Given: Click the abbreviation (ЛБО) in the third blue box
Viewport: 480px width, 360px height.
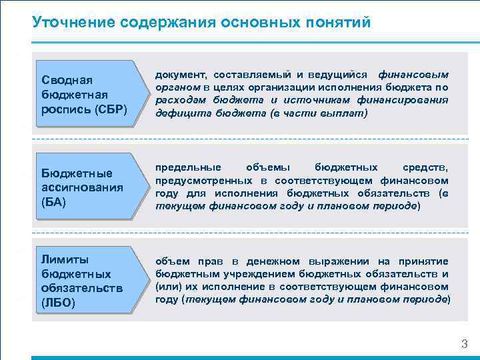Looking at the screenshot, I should (x=58, y=303).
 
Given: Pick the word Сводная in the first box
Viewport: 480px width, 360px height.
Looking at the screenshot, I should (x=62, y=80).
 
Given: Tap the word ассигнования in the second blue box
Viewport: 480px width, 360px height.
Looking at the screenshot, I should (x=82, y=187).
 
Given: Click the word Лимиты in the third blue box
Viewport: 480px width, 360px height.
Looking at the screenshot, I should (x=65, y=259).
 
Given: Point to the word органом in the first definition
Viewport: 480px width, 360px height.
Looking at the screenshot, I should (x=178, y=87).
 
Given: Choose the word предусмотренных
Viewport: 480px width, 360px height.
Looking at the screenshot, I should (x=204, y=180).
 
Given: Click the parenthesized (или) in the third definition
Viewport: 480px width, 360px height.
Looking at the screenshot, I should (x=167, y=287).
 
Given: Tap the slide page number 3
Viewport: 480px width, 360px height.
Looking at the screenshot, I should (x=465, y=344).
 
